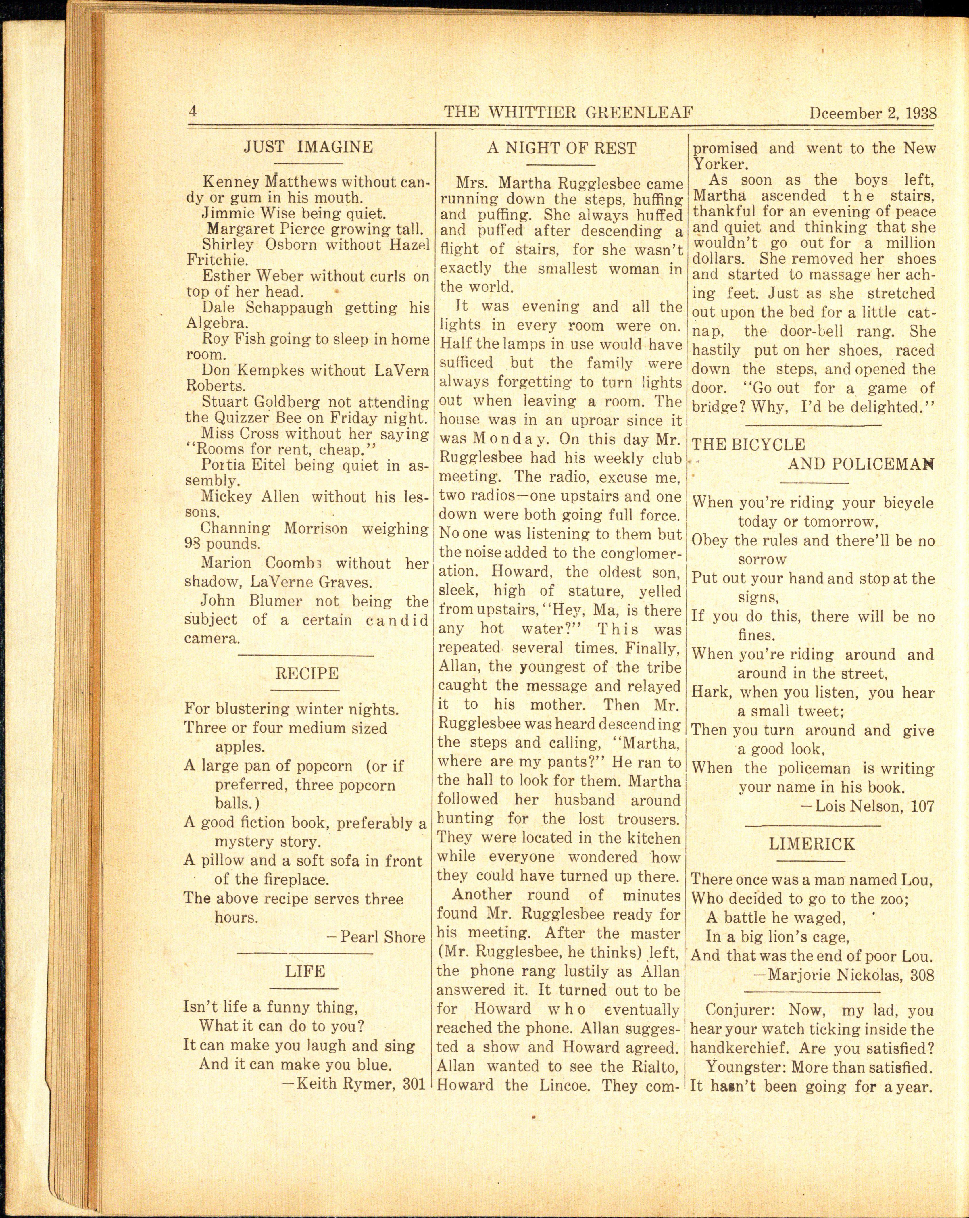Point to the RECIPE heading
point(307,673)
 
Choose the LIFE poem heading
point(305,971)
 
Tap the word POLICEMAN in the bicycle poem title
point(860,464)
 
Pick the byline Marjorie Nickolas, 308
point(844,975)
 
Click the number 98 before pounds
point(193,545)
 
